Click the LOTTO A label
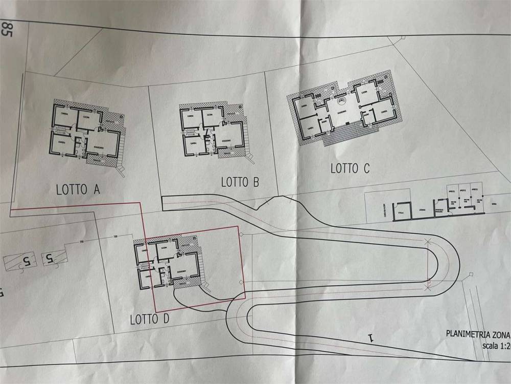click(x=77, y=190)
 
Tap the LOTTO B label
click(x=240, y=182)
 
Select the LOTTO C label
click(x=350, y=168)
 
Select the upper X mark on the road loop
click(x=428, y=242)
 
